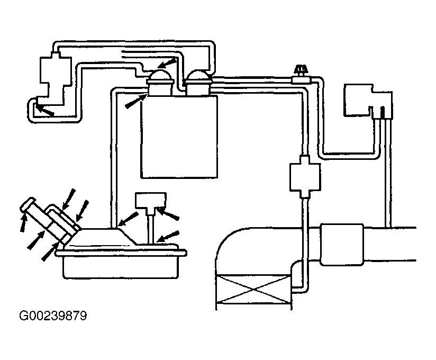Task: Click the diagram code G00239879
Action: tap(53, 317)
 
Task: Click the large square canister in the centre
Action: tap(179, 137)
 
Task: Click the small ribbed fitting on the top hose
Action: tap(299, 71)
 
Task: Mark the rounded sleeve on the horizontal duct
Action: tap(342, 243)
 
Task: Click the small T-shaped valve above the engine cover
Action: tap(151, 201)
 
